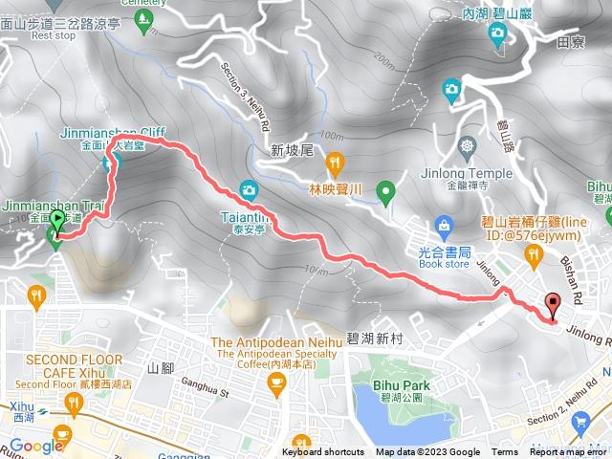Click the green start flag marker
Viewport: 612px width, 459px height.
tap(57, 222)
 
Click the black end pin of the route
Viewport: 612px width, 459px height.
tap(553, 307)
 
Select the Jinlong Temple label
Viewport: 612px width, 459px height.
tap(468, 173)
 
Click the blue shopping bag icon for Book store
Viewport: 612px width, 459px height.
tap(444, 226)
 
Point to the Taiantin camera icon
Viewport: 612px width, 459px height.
tap(249, 188)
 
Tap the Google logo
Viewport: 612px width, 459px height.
tap(36, 446)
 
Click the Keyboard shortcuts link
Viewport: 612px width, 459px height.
tap(323, 452)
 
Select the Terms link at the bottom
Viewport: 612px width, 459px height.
tap(505, 452)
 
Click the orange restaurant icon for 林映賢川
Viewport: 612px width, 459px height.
tap(334, 162)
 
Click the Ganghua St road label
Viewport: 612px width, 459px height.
tap(207, 391)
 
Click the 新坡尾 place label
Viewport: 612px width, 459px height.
tap(293, 150)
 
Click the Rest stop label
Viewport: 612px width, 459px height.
tap(54, 36)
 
